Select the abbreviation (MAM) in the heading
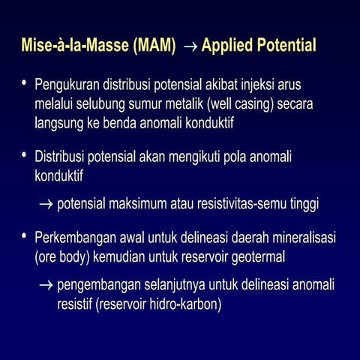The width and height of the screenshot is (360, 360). tap(154, 47)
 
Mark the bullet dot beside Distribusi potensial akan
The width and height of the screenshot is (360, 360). tap(25, 156)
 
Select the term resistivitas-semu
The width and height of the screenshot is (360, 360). tap(245, 203)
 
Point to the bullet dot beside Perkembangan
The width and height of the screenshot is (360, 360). tap(25, 238)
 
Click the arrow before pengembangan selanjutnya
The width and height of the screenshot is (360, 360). tap(46, 286)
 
